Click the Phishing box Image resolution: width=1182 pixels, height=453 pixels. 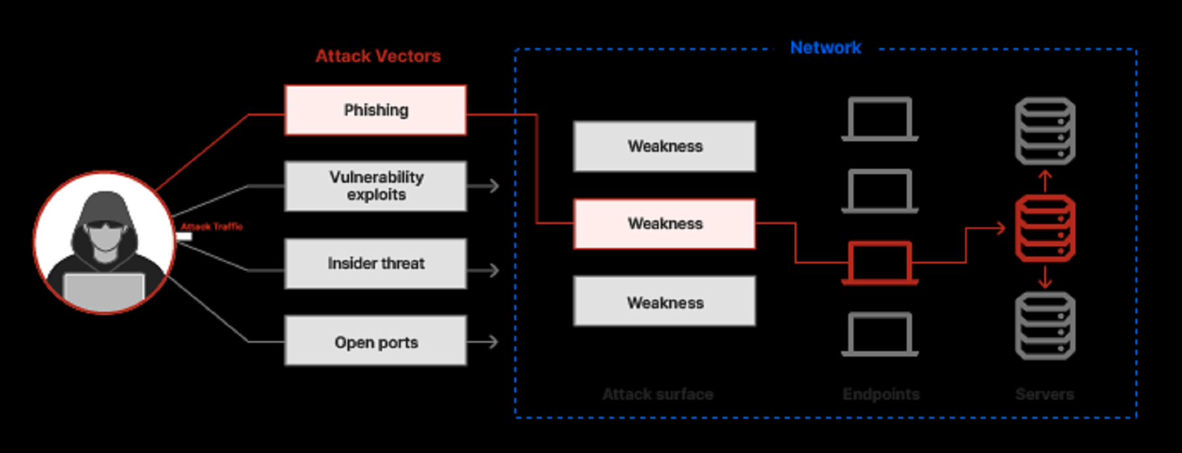(376, 110)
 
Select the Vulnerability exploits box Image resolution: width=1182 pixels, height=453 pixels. (376, 186)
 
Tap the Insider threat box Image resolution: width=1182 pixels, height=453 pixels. (376, 264)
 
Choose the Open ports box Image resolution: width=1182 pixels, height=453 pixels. (376, 341)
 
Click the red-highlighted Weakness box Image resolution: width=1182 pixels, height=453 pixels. (665, 224)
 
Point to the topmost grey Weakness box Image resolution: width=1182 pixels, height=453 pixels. (665, 146)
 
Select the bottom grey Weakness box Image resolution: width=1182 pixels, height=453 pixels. (665, 302)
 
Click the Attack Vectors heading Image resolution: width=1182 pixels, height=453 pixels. (378, 56)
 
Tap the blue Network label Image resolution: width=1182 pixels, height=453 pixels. (825, 47)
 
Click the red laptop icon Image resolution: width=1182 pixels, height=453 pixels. (880, 262)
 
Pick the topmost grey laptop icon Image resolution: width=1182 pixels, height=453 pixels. (880, 119)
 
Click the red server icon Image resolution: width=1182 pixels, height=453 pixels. (1045, 228)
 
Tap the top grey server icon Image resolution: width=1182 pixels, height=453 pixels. (1045, 131)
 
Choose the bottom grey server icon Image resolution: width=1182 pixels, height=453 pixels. (1045, 326)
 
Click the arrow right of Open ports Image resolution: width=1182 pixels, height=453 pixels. (486, 341)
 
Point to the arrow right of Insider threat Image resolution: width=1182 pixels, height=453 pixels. (486, 270)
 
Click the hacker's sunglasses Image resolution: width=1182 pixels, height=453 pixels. (104, 226)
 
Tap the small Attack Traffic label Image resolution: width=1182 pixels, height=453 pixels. (211, 227)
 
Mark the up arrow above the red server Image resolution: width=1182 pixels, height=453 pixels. (1045, 179)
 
